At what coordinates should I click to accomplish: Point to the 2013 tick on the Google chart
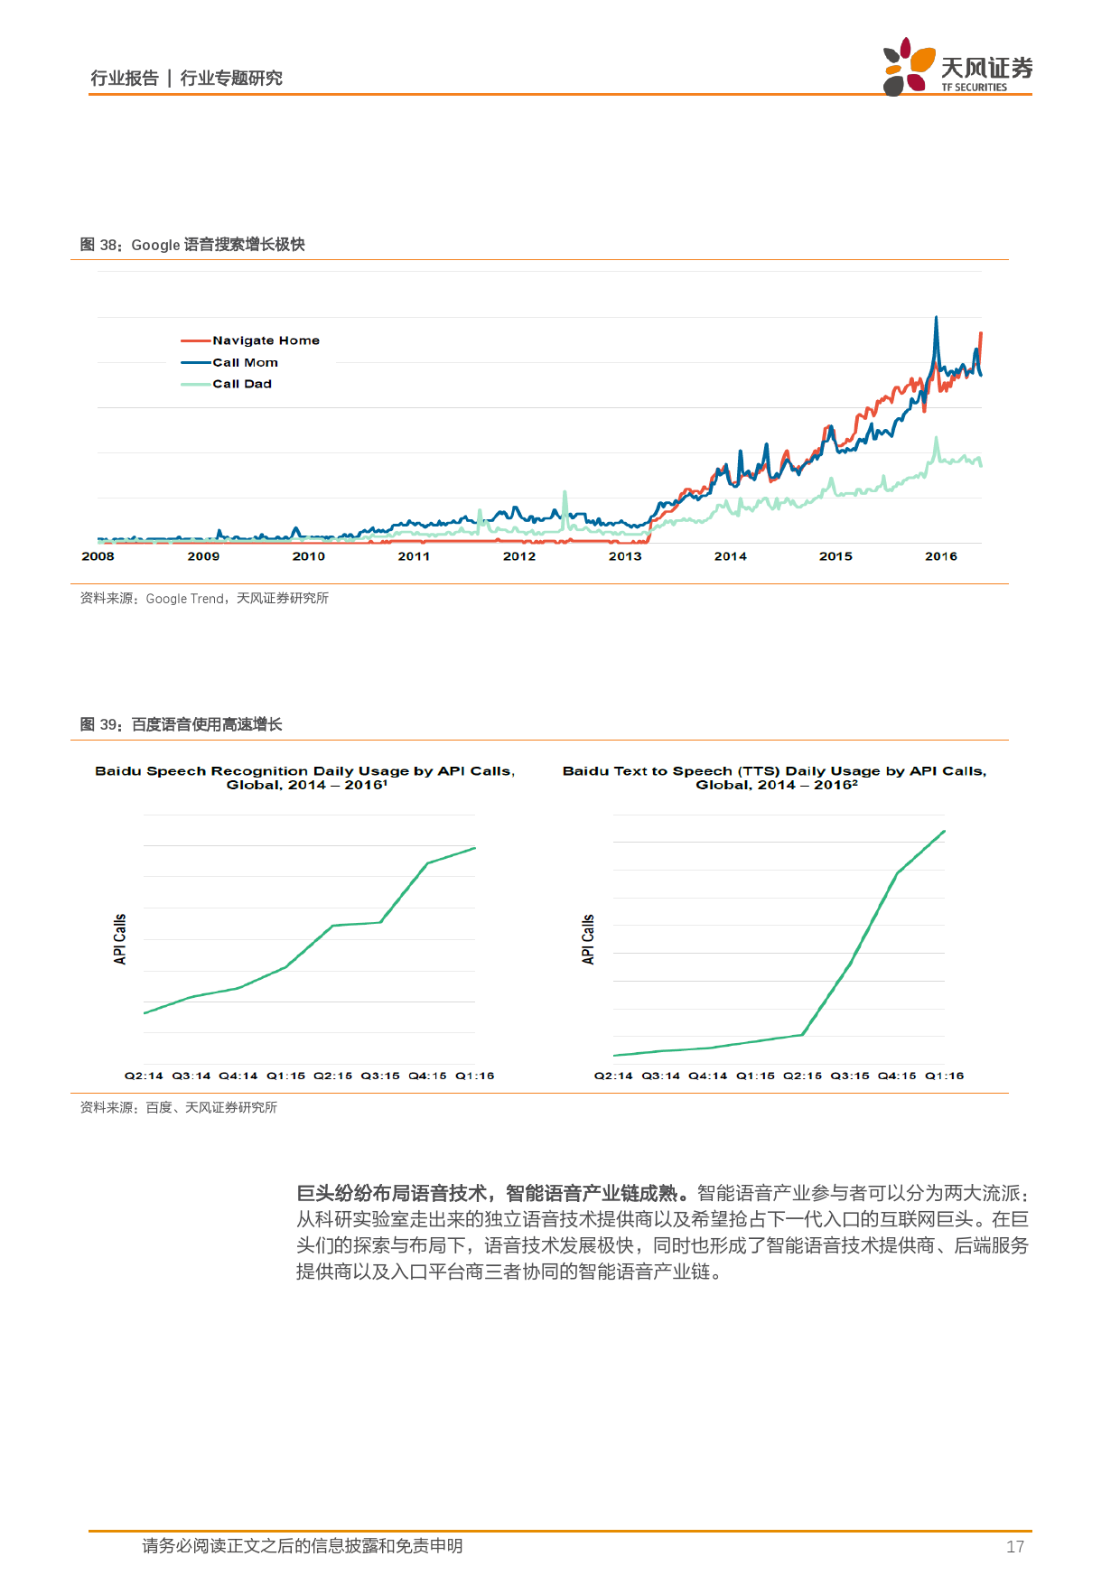pyautogui.click(x=625, y=556)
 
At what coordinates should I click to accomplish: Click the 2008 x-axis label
pyautogui.click(x=98, y=556)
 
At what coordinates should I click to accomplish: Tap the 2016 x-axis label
pyautogui.click(x=940, y=556)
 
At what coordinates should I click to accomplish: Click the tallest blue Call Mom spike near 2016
pyautogui.click(x=936, y=319)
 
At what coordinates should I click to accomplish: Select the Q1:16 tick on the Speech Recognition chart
pyautogui.click(x=474, y=1076)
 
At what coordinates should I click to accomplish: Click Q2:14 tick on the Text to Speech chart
pyautogui.click(x=613, y=1076)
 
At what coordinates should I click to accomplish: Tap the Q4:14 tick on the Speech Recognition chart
pyautogui.click(x=238, y=1076)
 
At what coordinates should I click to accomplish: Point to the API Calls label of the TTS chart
pyautogui.click(x=588, y=939)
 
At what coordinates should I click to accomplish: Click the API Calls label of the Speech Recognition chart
pyautogui.click(x=120, y=939)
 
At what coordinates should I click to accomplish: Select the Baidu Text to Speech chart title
pyautogui.click(x=774, y=778)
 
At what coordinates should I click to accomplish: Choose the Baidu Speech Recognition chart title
pyautogui.click(x=305, y=778)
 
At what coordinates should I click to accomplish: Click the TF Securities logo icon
pyautogui.click(x=908, y=66)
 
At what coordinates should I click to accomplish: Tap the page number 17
pyautogui.click(x=1014, y=1547)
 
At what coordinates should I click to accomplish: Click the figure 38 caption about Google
pyautogui.click(x=192, y=245)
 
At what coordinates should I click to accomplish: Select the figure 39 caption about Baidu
pyautogui.click(x=181, y=724)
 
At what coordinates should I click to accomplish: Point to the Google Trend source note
pyautogui.click(x=204, y=598)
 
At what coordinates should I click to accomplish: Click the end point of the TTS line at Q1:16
pyautogui.click(x=944, y=832)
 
